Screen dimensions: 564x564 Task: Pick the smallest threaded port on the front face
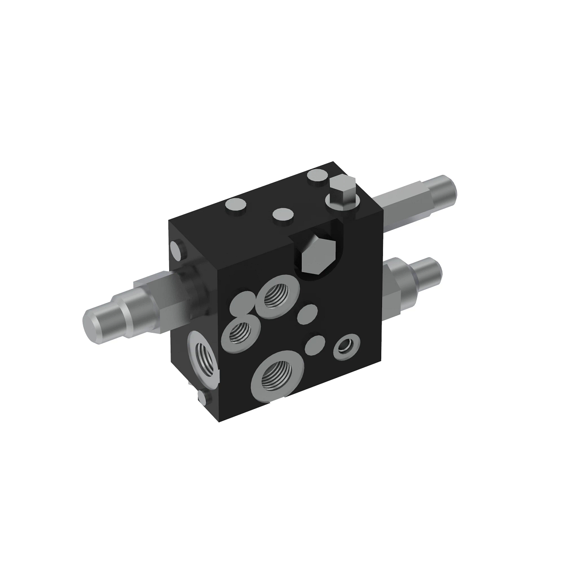coord(240,332)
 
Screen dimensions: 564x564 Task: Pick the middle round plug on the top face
coord(283,214)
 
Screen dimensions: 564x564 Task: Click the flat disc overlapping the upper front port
coord(243,304)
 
